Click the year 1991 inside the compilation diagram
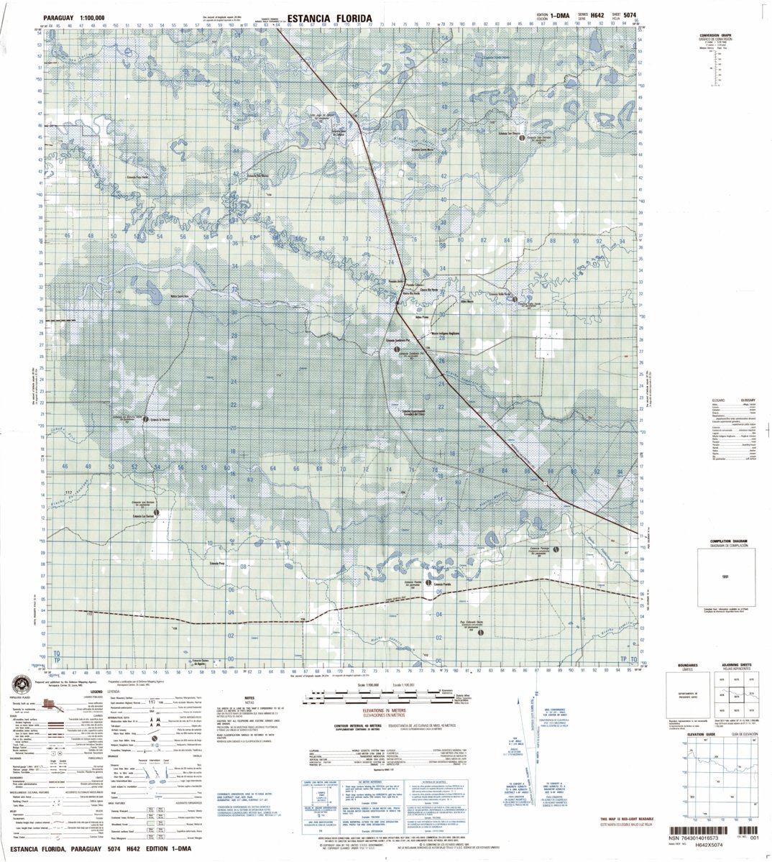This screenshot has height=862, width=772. tap(726, 575)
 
